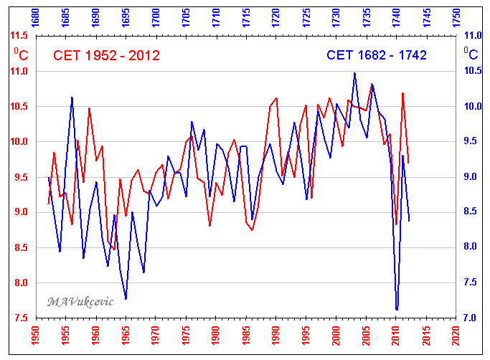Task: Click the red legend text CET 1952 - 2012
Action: [107, 56]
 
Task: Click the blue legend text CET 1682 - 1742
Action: [376, 55]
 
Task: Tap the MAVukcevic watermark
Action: [80, 301]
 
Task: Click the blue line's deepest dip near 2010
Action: [397, 310]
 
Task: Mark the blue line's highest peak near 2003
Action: [354, 72]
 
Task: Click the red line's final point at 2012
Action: [408, 164]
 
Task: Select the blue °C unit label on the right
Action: [471, 53]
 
